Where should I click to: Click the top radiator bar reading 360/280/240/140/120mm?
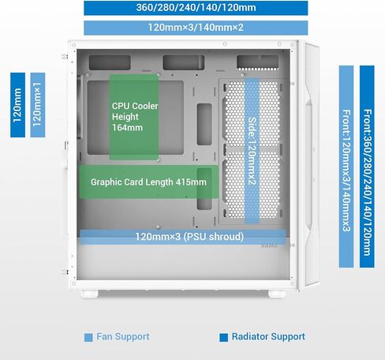[196, 8]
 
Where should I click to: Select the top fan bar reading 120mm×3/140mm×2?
[196, 28]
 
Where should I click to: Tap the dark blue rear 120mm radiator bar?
[17, 105]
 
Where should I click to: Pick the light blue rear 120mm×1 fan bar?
[38, 105]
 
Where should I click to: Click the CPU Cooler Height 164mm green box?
[134, 117]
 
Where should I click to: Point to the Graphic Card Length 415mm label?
[148, 182]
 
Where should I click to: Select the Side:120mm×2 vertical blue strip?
[252, 151]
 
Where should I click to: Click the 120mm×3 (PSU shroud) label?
[189, 236]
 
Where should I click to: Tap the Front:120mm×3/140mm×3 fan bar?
[346, 167]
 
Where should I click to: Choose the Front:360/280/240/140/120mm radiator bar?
[367, 167]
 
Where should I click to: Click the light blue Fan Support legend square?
[88, 337]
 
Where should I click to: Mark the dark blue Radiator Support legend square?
[223, 337]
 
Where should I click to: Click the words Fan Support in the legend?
[123, 336]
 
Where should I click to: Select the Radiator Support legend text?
[268, 336]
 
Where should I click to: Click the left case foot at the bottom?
[90, 294]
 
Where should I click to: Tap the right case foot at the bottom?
[277, 294]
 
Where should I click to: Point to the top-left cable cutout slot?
[110, 62]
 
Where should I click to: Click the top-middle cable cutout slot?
[184, 62]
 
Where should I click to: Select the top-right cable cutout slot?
[257, 62]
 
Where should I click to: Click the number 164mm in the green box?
[127, 128]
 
